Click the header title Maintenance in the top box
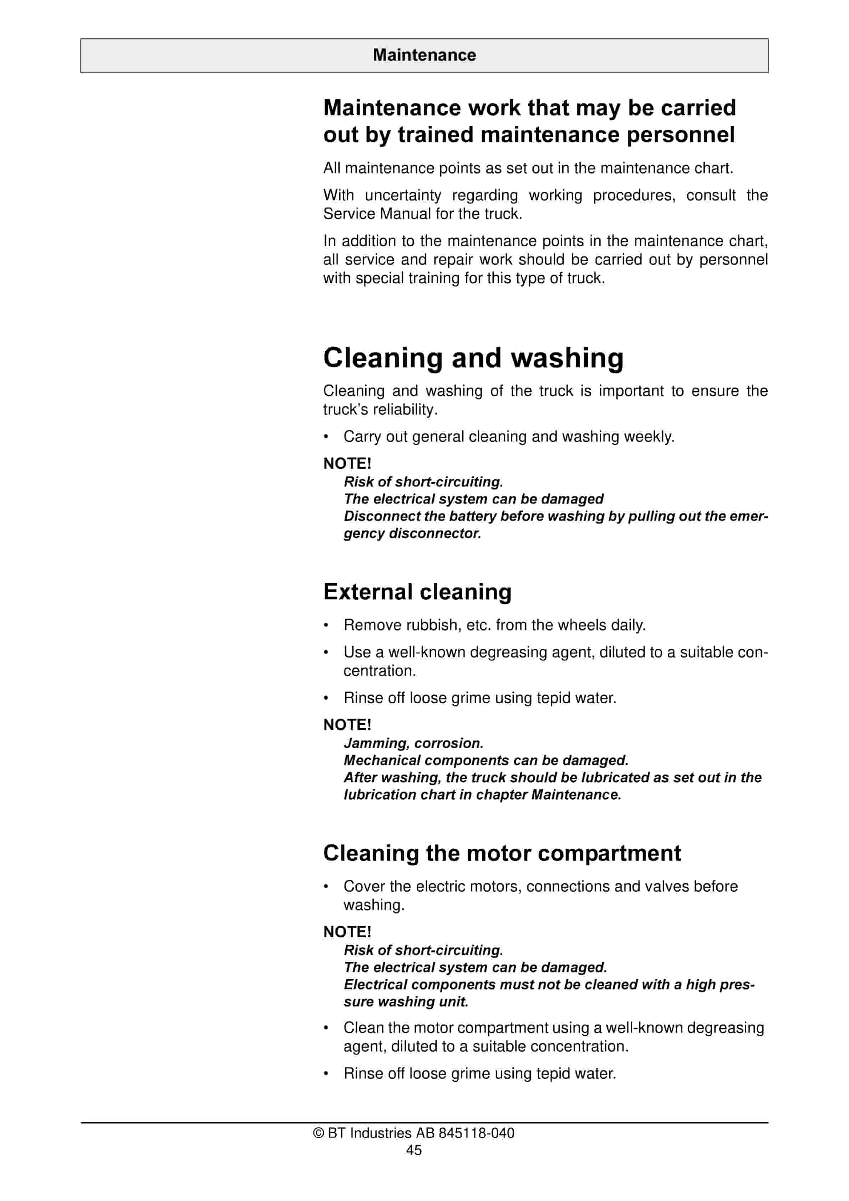(424, 55)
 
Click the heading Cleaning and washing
(473, 358)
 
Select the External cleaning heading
(417, 592)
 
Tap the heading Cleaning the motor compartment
(502, 853)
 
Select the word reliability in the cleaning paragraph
(398, 409)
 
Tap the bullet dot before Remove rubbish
(326, 625)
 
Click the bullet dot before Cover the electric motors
(326, 886)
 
